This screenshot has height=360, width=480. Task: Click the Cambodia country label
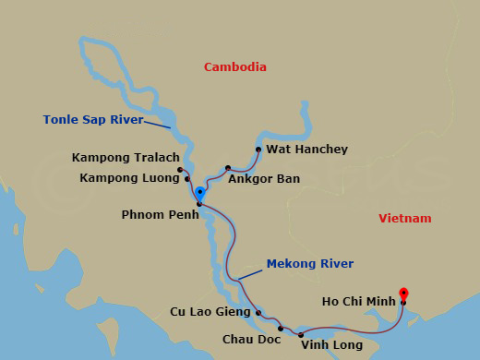point(235,67)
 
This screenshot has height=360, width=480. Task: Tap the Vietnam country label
point(404,219)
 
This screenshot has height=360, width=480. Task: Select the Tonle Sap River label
point(93,119)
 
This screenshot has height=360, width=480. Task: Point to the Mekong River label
point(309,264)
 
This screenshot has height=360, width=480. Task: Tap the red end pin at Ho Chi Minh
point(403,294)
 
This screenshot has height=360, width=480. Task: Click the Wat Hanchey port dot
point(258,149)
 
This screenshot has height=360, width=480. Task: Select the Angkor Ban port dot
point(227,168)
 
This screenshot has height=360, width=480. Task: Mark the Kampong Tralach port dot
point(180,170)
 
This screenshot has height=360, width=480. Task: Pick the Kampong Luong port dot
point(187,179)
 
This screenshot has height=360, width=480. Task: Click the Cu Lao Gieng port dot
point(258,312)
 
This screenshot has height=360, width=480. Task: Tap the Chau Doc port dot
point(281,328)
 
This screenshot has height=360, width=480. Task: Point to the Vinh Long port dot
point(301,335)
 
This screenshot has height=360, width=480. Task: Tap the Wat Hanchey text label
point(294,150)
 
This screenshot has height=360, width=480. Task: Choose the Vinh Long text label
point(331,345)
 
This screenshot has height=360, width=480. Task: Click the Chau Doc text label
point(252,339)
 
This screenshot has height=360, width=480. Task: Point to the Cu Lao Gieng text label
point(210,312)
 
